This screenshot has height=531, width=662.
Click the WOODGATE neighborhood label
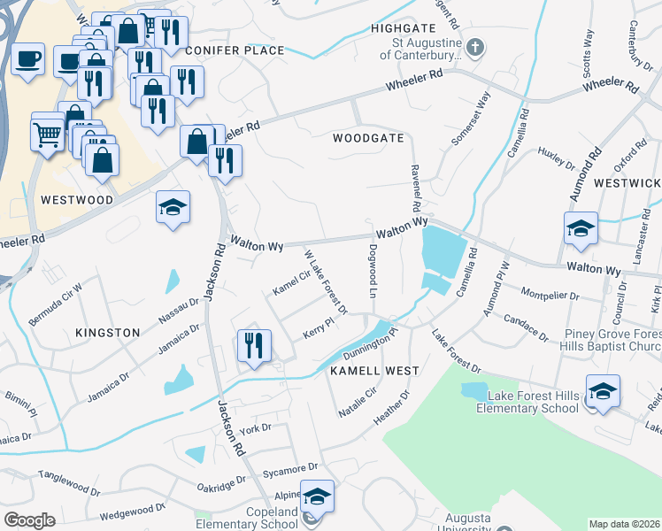(368, 138)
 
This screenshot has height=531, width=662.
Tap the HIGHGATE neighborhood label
(404, 28)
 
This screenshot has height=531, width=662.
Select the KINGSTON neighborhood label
(108, 333)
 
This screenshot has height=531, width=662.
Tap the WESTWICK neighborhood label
(627, 183)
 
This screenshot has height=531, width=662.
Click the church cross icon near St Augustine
(475, 46)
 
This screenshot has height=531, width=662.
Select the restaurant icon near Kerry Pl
(254, 345)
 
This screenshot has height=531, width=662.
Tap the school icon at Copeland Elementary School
(317, 497)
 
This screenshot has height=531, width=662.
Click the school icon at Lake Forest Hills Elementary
(603, 391)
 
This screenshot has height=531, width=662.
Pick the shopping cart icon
(48, 135)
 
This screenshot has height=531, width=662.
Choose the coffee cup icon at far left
(27, 59)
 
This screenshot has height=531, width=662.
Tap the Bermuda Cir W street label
(54, 290)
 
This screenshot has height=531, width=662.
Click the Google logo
(30, 520)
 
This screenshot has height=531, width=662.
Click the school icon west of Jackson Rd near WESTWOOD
(173, 208)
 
